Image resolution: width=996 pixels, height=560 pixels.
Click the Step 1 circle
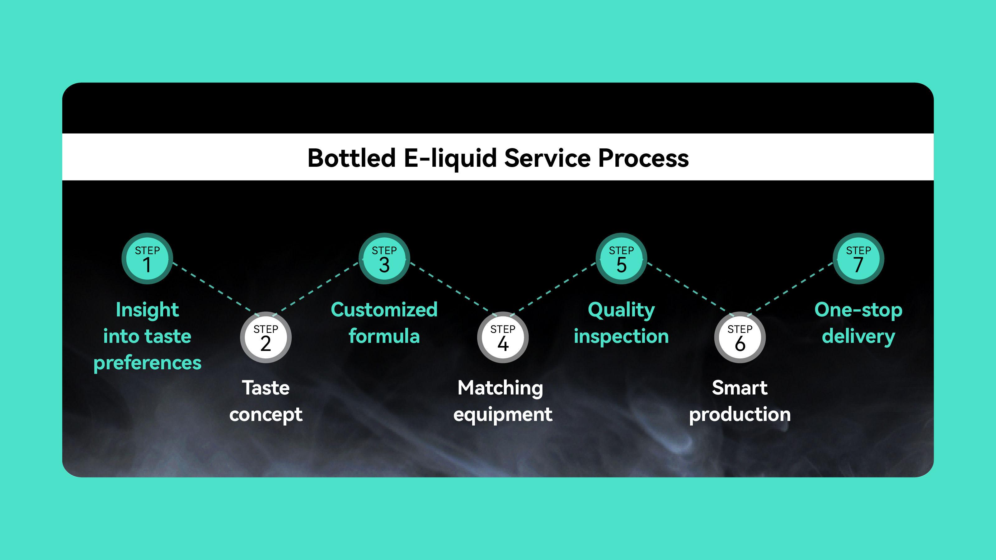[x=147, y=259]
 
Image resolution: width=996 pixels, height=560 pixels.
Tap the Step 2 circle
[x=265, y=337]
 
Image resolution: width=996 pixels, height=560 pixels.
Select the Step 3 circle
[x=384, y=259]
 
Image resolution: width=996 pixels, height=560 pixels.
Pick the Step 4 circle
[x=503, y=337]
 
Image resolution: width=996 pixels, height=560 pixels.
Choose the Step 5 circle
[x=621, y=259]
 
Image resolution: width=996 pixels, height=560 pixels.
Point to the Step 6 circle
[x=740, y=337]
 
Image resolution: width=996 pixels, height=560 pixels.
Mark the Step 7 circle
[x=858, y=259]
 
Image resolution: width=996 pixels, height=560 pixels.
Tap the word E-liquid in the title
[x=450, y=158]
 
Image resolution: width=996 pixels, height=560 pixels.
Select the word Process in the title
[x=643, y=158]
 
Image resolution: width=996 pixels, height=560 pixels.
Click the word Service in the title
[x=547, y=158]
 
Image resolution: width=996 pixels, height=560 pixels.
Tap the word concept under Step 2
[x=265, y=415]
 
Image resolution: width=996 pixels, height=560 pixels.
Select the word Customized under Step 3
[x=384, y=310]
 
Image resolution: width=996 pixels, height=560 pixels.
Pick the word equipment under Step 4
[x=503, y=415]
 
